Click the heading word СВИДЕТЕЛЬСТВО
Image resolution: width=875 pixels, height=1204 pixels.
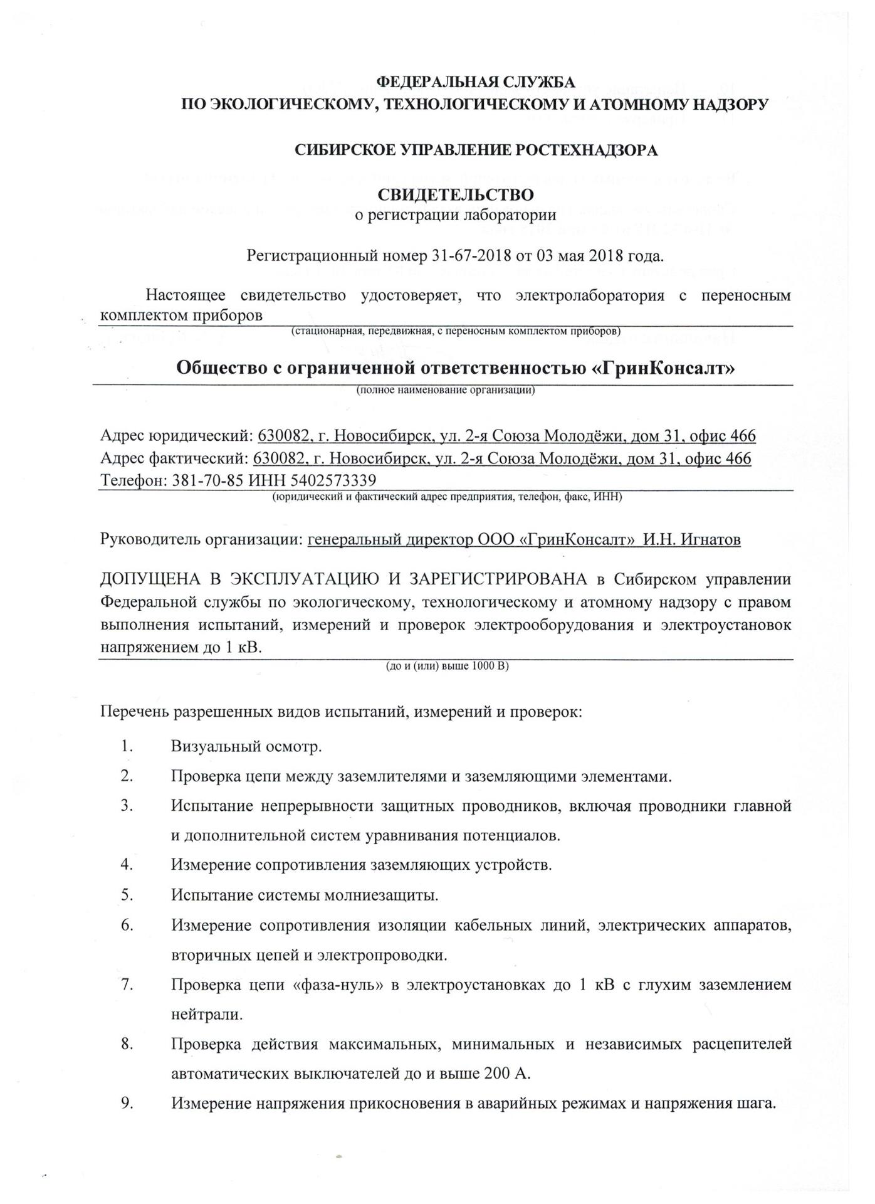pos(455,194)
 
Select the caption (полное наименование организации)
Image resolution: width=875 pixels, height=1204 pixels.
pos(445,390)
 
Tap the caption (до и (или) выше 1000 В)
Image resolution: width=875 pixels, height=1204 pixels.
pos(447,666)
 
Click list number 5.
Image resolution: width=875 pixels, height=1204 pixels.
pos(127,894)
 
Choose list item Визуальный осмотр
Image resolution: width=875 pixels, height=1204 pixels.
pos(246,747)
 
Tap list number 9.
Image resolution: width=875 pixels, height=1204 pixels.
pos(127,1103)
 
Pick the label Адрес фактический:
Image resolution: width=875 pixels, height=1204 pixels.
pos(174,458)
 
